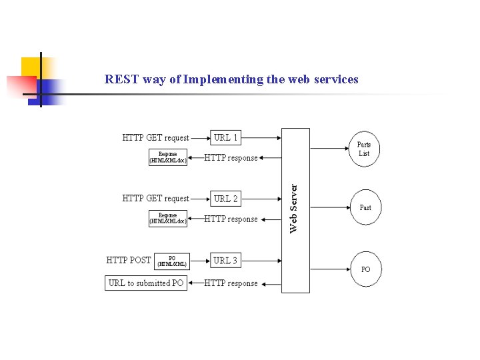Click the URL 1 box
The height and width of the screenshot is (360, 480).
pos(225,138)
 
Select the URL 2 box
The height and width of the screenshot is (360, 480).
pos(225,199)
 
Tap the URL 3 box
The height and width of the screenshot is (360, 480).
pos(225,261)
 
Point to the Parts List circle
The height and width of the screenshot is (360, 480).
pos(364,149)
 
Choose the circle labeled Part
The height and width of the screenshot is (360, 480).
pos(365,207)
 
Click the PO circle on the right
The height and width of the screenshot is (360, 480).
pos(365,269)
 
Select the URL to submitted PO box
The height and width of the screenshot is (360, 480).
pos(146,283)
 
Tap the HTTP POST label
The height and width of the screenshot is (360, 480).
pos(129,260)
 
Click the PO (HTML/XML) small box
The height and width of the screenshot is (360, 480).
pos(172,261)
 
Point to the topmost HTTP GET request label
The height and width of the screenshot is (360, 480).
pos(155,138)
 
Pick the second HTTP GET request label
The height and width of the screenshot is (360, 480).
pos(155,199)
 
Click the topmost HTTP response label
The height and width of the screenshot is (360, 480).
pos(231,158)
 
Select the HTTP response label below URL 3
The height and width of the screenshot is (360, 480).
pos(231,283)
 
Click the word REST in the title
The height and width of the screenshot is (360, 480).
pos(119,79)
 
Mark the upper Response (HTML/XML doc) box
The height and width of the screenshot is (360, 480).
pos(168,157)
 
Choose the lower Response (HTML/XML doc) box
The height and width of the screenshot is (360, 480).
pos(168,219)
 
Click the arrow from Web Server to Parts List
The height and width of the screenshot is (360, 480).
pos(330,148)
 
